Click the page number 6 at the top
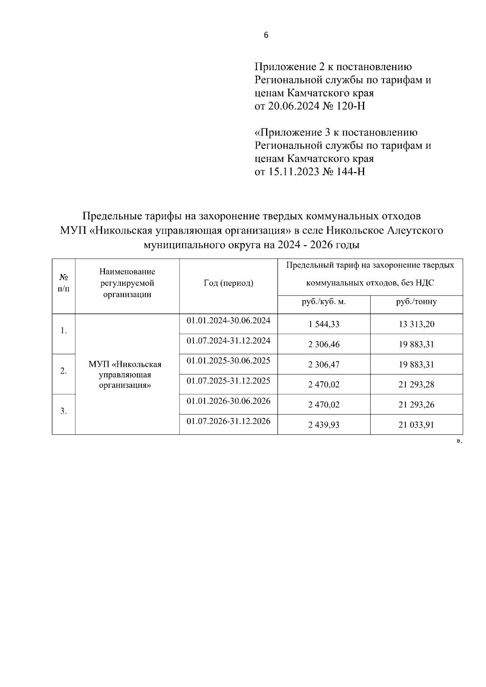[266, 35]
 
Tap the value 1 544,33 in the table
[324, 324]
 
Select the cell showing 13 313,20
[416, 324]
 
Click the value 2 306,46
[324, 345]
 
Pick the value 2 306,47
[324, 364]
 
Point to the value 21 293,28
[416, 385]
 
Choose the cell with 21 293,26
[416, 404]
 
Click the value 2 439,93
[324, 425]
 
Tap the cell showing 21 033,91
[416, 425]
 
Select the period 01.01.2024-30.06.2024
[228, 321]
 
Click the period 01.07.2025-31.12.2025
[228, 381]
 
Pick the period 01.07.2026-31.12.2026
[228, 421]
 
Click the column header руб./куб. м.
[324, 302]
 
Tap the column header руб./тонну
[416, 302]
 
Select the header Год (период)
[228, 283]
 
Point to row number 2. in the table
[64, 371]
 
